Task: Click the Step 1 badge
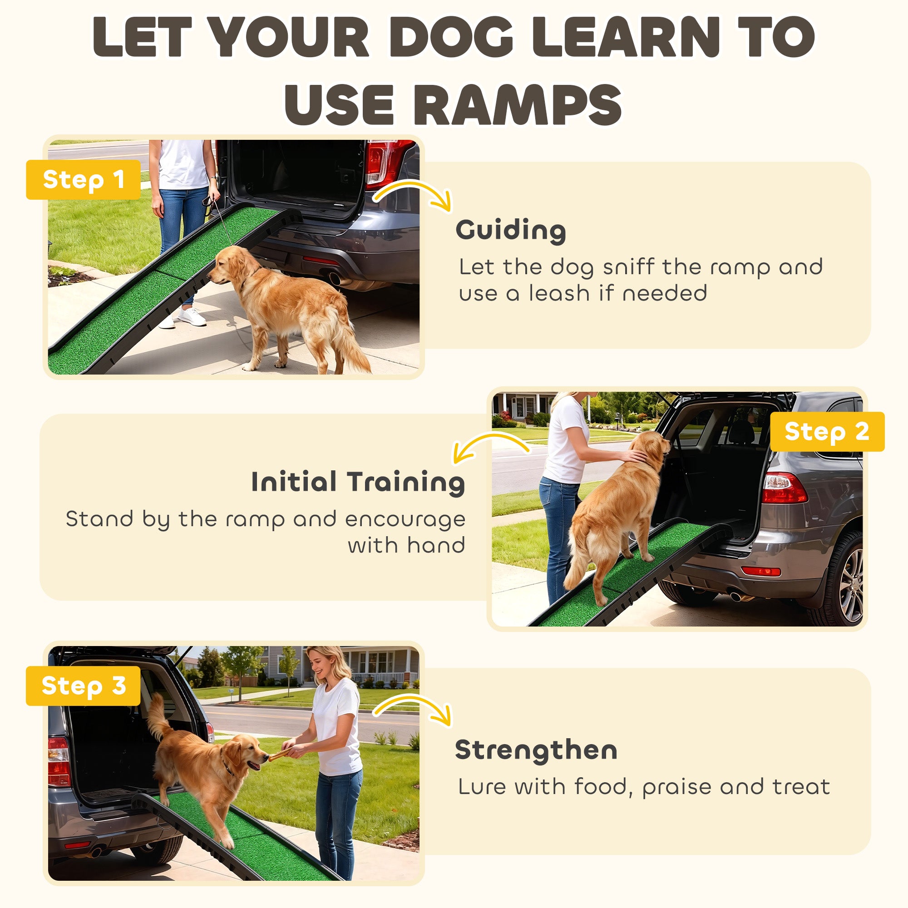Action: pos(83,179)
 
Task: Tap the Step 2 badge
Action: pos(827,431)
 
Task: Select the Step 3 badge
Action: pos(83,686)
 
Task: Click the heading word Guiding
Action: pos(510,230)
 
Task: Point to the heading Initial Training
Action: pos(358,482)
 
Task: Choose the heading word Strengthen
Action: pos(536,750)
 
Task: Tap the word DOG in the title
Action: pos(450,38)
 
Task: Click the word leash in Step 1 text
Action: pos(559,294)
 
